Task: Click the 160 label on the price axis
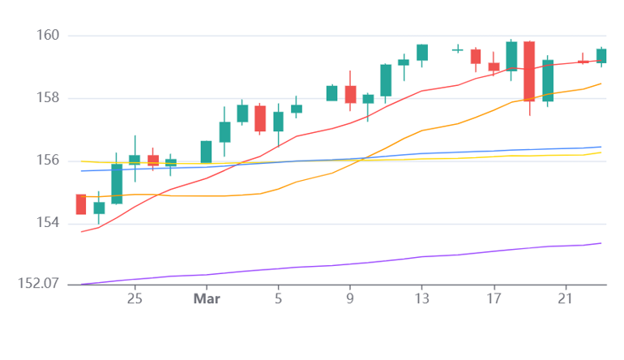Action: pyautogui.click(x=48, y=35)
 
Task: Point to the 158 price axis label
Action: pyautogui.click(x=48, y=97)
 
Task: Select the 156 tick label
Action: pyautogui.click(x=48, y=160)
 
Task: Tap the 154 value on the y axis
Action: pyautogui.click(x=48, y=223)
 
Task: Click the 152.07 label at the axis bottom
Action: pyautogui.click(x=38, y=284)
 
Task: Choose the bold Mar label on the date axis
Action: pyautogui.click(x=207, y=298)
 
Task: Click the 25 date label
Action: pyautogui.click(x=135, y=298)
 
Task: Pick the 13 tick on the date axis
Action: pyautogui.click(x=422, y=298)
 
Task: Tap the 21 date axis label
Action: pyautogui.click(x=565, y=298)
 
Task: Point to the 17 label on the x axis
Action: pyautogui.click(x=494, y=298)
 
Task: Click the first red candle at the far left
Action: pyautogui.click(x=81, y=204)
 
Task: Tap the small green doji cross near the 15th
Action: pyautogui.click(x=458, y=49)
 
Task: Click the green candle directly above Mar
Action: pyautogui.click(x=206, y=152)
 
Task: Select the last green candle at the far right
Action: pyautogui.click(x=601, y=56)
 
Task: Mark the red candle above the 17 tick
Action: pyautogui.click(x=494, y=66)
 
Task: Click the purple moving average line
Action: pyautogui.click(x=341, y=264)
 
